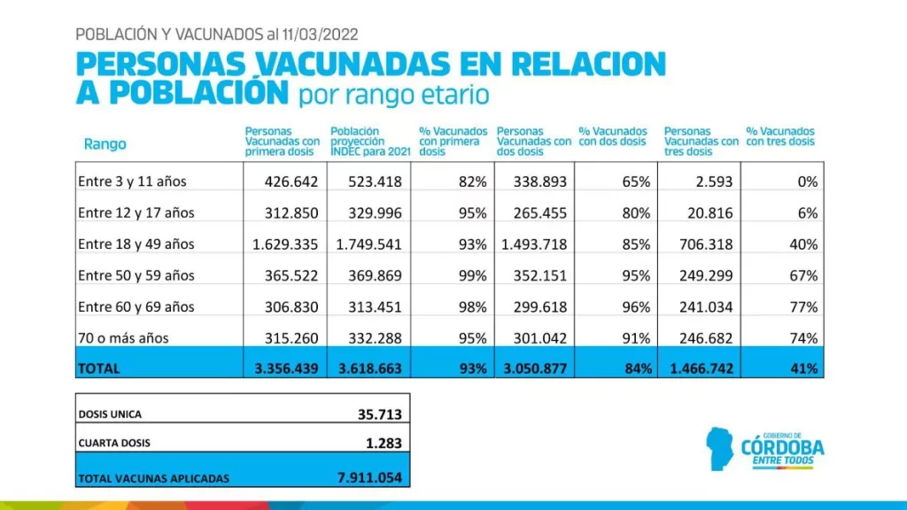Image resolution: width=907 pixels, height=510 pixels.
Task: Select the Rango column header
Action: [x=105, y=143]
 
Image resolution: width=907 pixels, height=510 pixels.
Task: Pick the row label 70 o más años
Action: [x=122, y=337]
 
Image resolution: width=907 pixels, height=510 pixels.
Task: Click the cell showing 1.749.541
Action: [x=368, y=244]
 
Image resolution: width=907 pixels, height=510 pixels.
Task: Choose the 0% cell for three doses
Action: [x=807, y=182]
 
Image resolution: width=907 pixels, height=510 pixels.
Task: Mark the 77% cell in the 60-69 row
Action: [x=803, y=306]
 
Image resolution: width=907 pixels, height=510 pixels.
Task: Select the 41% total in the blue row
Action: [x=803, y=368]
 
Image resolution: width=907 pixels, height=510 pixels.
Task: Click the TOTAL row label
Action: [x=98, y=368]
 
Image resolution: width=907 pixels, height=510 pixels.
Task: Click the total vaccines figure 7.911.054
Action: [x=369, y=477]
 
